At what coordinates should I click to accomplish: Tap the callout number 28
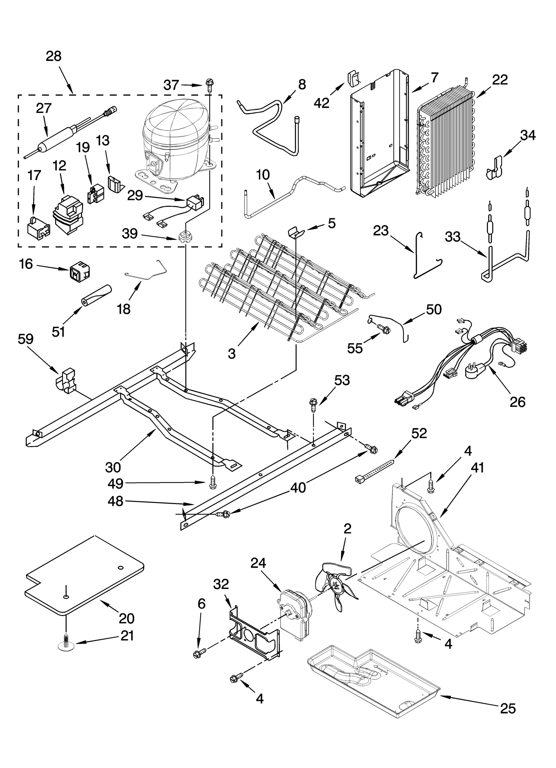coord(54,56)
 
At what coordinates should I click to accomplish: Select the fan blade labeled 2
coord(335,587)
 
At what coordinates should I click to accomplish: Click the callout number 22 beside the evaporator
coord(500,80)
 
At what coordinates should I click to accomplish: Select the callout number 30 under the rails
coord(113,467)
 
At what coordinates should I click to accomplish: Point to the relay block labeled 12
coord(68,216)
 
